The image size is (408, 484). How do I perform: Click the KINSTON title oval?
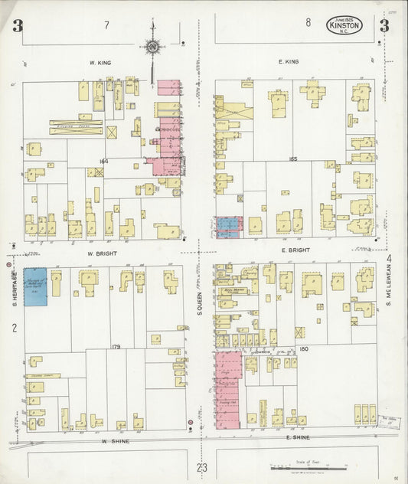[346, 25]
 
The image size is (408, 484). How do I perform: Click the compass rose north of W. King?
[153, 47]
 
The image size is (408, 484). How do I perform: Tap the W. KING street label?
[101, 61]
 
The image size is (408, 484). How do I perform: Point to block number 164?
[103, 161]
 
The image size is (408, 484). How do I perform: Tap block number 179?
[116, 347]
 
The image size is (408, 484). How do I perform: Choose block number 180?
[304, 349]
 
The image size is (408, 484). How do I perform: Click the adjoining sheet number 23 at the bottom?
[201, 468]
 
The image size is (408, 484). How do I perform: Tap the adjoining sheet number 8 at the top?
[308, 23]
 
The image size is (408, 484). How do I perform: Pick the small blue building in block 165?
[228, 227]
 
